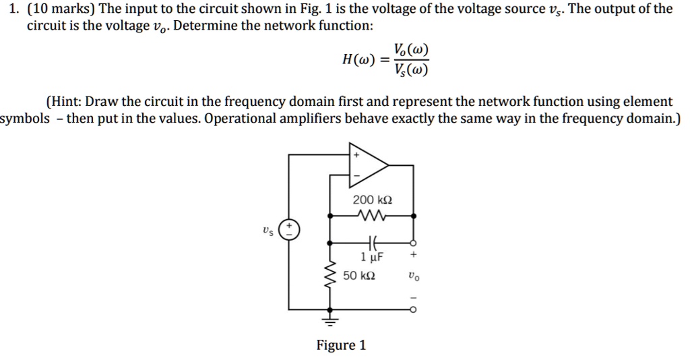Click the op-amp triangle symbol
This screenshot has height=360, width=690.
[x=367, y=166]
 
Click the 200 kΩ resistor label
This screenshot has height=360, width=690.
[x=372, y=200]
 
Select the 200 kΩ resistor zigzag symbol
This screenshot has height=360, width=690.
[x=372, y=216]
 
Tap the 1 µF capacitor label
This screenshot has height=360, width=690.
[x=373, y=256]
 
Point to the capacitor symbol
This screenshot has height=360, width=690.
[x=371, y=242]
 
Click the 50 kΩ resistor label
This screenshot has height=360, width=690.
[x=359, y=276]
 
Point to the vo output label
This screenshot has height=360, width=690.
[x=413, y=276]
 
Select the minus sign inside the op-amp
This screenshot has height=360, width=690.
[x=357, y=176]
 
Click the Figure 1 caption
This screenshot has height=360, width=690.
[x=341, y=345]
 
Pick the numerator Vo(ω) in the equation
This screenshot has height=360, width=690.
[x=412, y=51]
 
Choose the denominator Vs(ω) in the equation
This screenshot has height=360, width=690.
[x=412, y=69]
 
